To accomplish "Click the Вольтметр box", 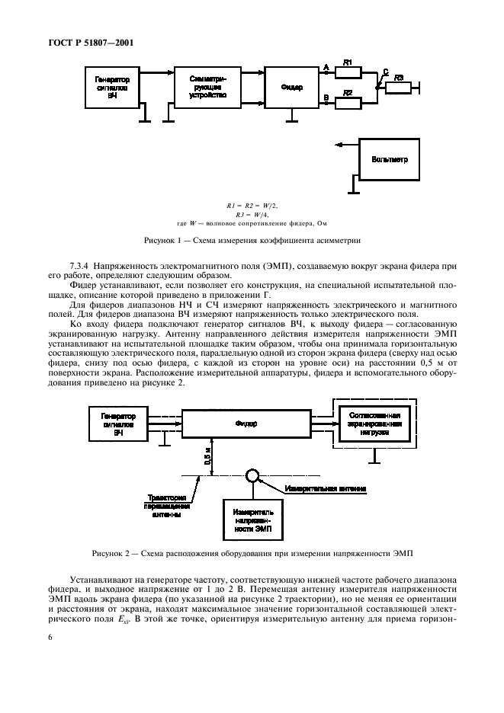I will click(x=390, y=160).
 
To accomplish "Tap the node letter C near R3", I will click(x=384, y=73).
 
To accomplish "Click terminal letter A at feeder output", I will click(x=326, y=68).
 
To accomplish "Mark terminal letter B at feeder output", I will click(x=326, y=97).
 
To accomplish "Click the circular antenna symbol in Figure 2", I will click(x=252, y=476).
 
